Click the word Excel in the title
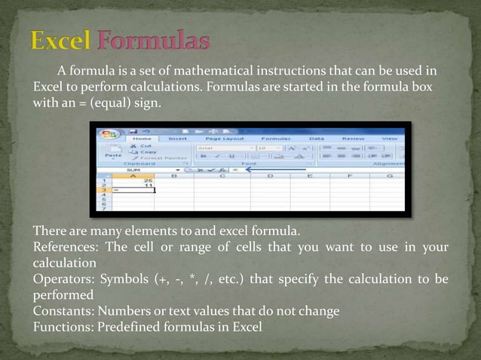pos(61,41)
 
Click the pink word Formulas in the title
pos(154,41)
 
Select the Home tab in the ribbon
pos(142,139)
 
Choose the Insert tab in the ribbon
pos(178,139)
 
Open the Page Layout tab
pos(224,139)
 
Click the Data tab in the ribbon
pos(317,139)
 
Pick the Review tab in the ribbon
pos(353,139)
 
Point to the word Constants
pos(60,311)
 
